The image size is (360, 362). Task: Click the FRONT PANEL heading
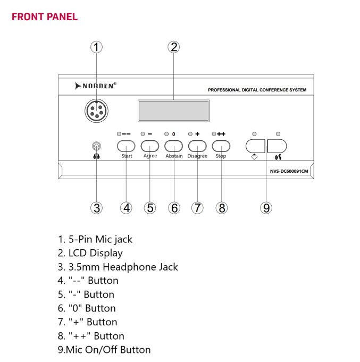(45, 16)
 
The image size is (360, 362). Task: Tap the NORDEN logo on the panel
(96, 86)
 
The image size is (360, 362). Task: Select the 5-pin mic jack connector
(96, 111)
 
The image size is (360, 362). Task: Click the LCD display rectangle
(173, 111)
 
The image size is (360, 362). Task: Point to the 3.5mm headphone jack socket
(96, 146)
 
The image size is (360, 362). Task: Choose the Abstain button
(174, 146)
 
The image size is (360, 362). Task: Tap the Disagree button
(197, 146)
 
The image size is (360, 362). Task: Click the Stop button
(221, 146)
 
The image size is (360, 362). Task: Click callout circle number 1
(96, 47)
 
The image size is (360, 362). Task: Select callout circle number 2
(173, 47)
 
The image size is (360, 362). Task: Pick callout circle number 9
(266, 208)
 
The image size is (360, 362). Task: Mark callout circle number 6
(174, 208)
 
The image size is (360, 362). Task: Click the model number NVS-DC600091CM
(289, 171)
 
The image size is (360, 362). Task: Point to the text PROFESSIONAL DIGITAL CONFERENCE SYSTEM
(257, 90)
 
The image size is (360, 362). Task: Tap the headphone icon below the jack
(96, 156)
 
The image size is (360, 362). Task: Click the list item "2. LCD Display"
(90, 253)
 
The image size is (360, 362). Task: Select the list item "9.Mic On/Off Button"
(104, 350)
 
